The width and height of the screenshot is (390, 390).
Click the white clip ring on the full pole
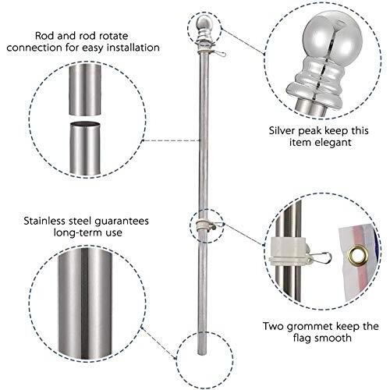click(204, 225)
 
